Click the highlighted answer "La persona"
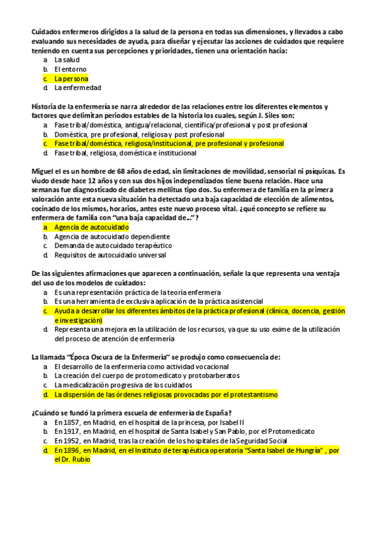click(x=71, y=79)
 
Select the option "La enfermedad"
click(x=77, y=88)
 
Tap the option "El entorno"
click(x=70, y=69)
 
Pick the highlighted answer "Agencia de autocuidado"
click(x=91, y=227)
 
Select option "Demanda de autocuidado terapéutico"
click(x=113, y=246)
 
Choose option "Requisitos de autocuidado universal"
click(x=110, y=255)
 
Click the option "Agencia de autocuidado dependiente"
click(x=111, y=236)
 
